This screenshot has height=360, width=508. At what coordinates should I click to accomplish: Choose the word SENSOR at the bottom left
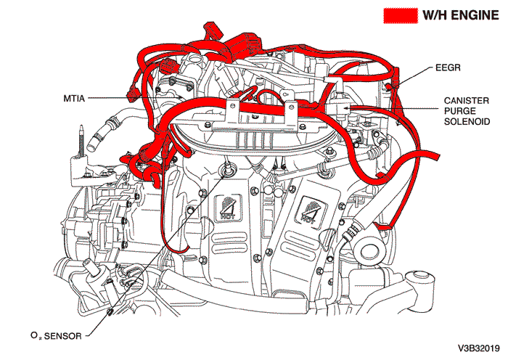[x=63, y=336]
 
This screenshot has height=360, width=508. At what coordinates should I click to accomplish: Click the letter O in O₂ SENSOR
[x=34, y=336]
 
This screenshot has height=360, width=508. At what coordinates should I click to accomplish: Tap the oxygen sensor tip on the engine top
[x=230, y=168]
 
